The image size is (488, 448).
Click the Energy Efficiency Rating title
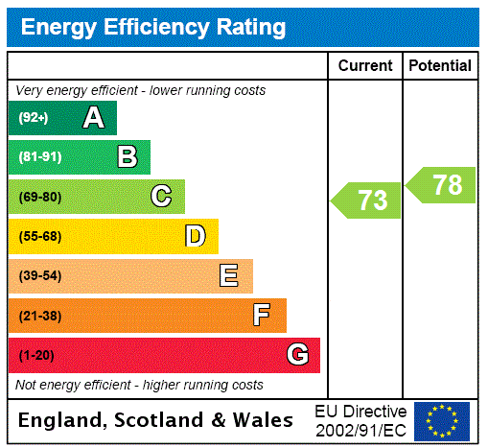[x=153, y=27]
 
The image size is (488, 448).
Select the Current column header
[x=365, y=65]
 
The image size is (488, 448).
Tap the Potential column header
[x=440, y=65]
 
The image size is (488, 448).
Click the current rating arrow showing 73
[x=368, y=200]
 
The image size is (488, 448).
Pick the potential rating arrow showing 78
[x=442, y=184]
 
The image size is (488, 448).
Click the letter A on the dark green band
[x=93, y=118]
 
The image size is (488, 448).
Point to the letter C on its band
[x=161, y=197]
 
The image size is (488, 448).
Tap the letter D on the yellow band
[x=195, y=236]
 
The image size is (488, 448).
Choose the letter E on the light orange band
[x=229, y=276]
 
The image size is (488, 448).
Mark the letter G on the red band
[x=297, y=355]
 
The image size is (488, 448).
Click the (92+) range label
[x=34, y=118]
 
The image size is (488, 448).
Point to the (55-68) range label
[x=39, y=236]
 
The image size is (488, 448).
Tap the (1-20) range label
[x=36, y=355]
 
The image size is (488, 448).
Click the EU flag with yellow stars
[x=442, y=420]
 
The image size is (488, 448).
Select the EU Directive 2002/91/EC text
[x=360, y=420]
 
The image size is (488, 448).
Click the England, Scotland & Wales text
[x=156, y=420]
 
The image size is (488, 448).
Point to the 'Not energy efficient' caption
[x=139, y=385]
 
